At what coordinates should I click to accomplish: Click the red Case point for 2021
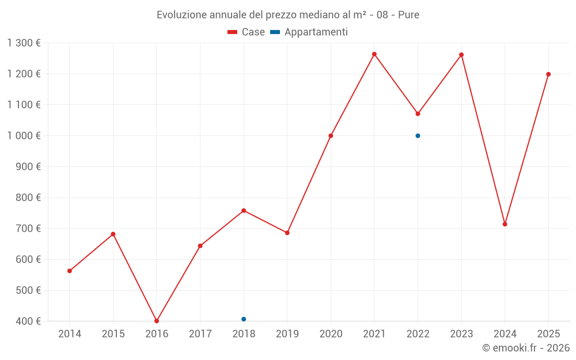[374, 54]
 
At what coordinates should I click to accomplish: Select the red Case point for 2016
[157, 321]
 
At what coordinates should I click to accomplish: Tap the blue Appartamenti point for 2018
[244, 319]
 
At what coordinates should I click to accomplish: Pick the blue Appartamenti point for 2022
[418, 136]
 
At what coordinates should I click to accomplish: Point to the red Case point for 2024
[505, 224]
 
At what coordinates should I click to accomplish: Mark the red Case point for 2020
[331, 136]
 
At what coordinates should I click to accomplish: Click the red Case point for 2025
[548, 74]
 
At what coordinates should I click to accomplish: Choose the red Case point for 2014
[70, 271]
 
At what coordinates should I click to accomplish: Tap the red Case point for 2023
[461, 55]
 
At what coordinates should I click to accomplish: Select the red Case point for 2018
[244, 211]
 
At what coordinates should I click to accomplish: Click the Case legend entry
[246, 32]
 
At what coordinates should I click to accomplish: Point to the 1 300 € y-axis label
[24, 43]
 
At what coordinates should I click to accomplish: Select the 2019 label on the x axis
[287, 334]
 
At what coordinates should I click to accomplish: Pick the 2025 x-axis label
[548, 334]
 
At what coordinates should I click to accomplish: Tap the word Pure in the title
[408, 14]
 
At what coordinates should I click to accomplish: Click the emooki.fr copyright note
[526, 348]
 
